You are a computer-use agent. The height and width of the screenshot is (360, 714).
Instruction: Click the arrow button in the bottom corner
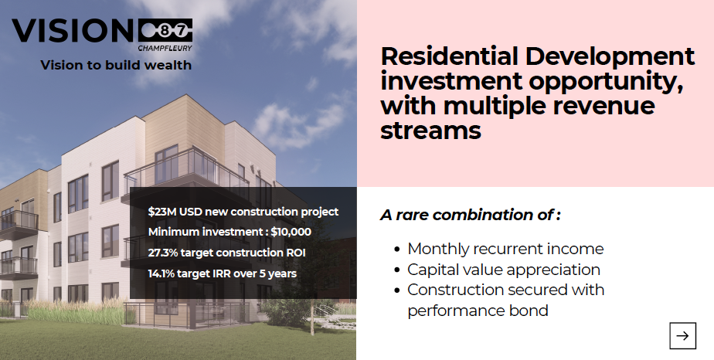682,336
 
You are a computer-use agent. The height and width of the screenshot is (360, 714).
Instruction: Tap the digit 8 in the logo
164,31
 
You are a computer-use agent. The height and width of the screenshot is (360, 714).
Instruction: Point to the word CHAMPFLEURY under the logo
165,48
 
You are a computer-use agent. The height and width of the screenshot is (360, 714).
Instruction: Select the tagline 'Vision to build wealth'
116,65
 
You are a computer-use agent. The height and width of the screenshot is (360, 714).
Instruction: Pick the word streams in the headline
430,130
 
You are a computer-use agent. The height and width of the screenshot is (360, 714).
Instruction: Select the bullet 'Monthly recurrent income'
505,249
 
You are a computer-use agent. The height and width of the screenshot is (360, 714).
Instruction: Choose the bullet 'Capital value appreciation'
504,270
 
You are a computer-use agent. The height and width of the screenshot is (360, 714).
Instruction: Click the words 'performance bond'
478,311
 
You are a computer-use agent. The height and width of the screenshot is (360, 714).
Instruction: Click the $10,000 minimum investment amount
291,232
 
